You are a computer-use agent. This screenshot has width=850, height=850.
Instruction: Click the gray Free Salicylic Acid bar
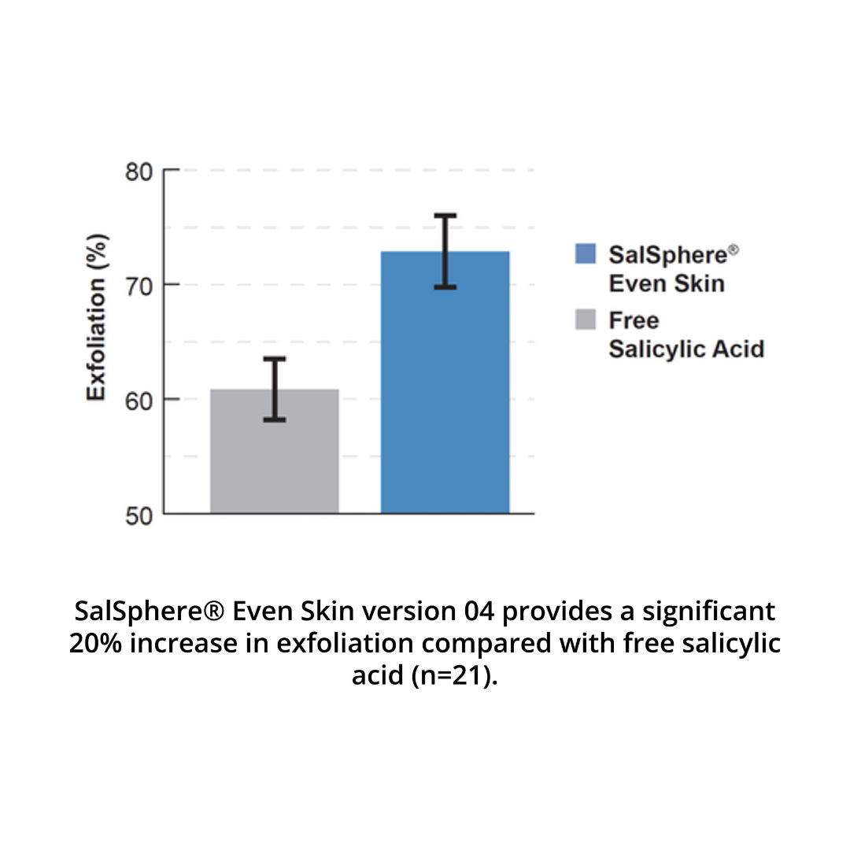pos(274,464)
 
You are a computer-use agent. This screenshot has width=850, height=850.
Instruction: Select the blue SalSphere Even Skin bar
pos(445,394)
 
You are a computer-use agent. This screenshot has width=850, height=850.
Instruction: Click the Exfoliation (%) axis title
pos(96,317)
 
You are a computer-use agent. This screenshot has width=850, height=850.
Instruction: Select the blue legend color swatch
pos(586,253)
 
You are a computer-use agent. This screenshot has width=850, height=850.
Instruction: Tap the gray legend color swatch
pos(586,320)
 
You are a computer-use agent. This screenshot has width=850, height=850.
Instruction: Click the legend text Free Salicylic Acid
pos(686,334)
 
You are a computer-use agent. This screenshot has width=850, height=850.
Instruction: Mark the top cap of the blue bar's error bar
pos(445,215)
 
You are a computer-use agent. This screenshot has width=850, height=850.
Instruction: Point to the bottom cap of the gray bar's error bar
pos(274,419)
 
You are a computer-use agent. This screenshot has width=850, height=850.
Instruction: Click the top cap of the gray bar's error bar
pos(274,359)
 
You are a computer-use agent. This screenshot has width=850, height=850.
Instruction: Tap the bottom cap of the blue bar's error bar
pos(445,287)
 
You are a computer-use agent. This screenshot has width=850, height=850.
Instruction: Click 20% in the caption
pos(96,643)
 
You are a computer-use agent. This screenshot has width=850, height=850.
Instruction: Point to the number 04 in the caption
pos(482,611)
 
